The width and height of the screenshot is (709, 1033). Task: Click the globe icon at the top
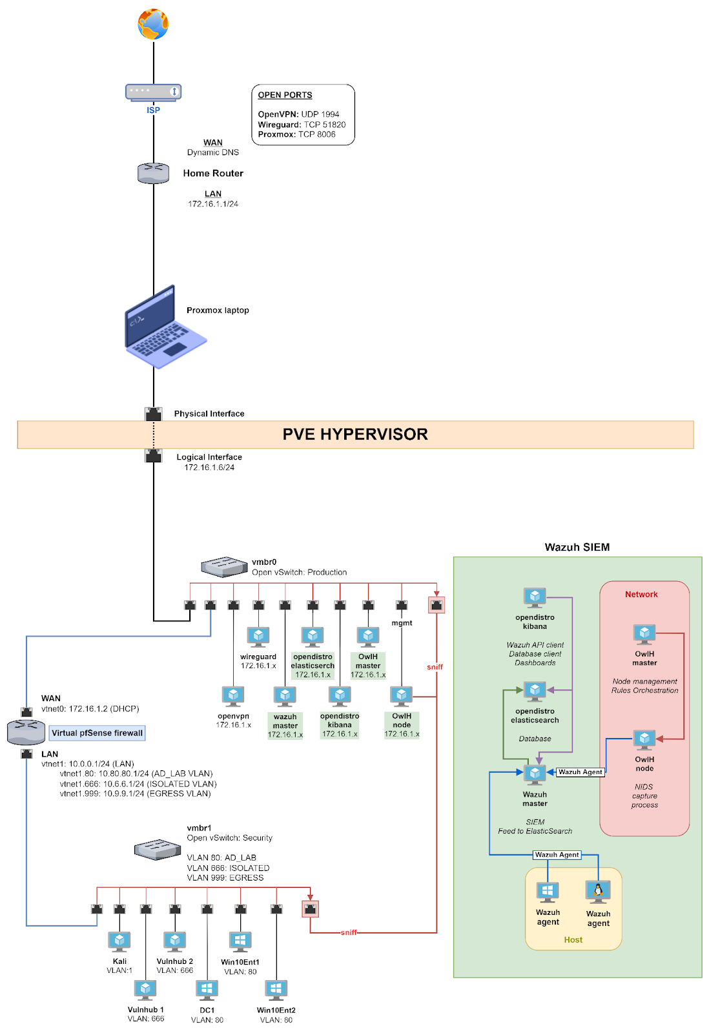point(153,25)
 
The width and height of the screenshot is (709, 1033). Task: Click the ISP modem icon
point(153,92)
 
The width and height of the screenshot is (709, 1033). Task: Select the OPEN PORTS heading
point(285,95)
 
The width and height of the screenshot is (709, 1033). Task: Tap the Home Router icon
point(153,173)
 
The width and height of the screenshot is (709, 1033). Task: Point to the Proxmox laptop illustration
point(164,328)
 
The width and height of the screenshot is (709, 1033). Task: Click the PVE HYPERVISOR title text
point(355,435)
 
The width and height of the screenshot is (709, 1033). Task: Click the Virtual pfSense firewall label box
point(98,733)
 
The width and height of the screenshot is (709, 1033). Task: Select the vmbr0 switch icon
point(224,567)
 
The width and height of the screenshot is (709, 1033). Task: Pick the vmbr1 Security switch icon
point(157,849)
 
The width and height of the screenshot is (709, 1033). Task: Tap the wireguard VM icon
point(258,637)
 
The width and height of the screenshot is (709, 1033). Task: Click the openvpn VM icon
point(233,696)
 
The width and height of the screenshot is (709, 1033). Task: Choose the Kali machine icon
point(119,941)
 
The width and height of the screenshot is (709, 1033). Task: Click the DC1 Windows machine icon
point(207,990)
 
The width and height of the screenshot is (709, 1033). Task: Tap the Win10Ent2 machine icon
point(276,990)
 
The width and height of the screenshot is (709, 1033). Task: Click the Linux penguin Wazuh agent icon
point(598,892)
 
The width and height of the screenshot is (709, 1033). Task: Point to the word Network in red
point(641,595)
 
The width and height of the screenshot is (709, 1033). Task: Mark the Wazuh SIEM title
point(577,547)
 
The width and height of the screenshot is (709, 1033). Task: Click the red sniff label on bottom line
point(349,932)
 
